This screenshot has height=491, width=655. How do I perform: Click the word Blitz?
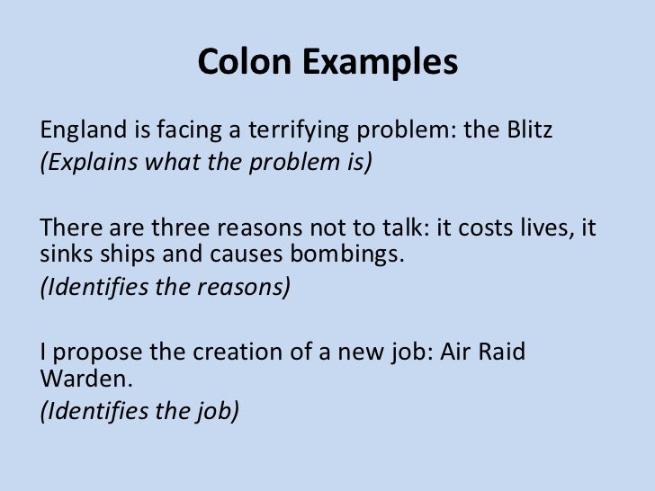[529, 132]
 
